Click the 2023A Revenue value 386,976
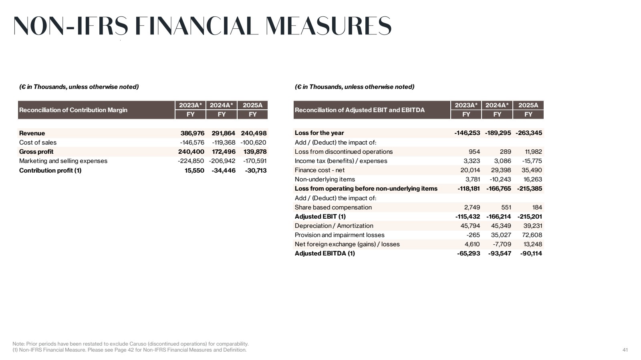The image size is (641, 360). point(192,133)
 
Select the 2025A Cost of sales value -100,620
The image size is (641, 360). point(253,143)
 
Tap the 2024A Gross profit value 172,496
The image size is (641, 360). point(224,151)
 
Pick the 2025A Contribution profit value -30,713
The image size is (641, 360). point(256,171)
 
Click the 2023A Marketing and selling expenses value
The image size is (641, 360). point(191,161)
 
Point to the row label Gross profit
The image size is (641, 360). point(36,151)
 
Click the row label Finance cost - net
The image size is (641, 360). point(319,170)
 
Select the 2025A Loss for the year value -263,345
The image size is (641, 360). point(529,133)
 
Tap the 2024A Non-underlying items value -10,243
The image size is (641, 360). point(500,179)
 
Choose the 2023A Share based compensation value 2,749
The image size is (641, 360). point(472,207)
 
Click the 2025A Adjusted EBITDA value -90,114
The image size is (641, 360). point(531,253)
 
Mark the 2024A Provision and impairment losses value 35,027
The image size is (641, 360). point(501,235)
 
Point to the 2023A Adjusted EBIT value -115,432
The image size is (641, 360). point(468,217)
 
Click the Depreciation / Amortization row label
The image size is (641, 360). point(334,226)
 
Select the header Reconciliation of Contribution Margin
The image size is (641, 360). point(73,110)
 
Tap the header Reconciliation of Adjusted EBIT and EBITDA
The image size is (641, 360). point(360,110)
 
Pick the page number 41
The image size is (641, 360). point(625,350)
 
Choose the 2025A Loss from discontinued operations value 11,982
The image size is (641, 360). point(534,151)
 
